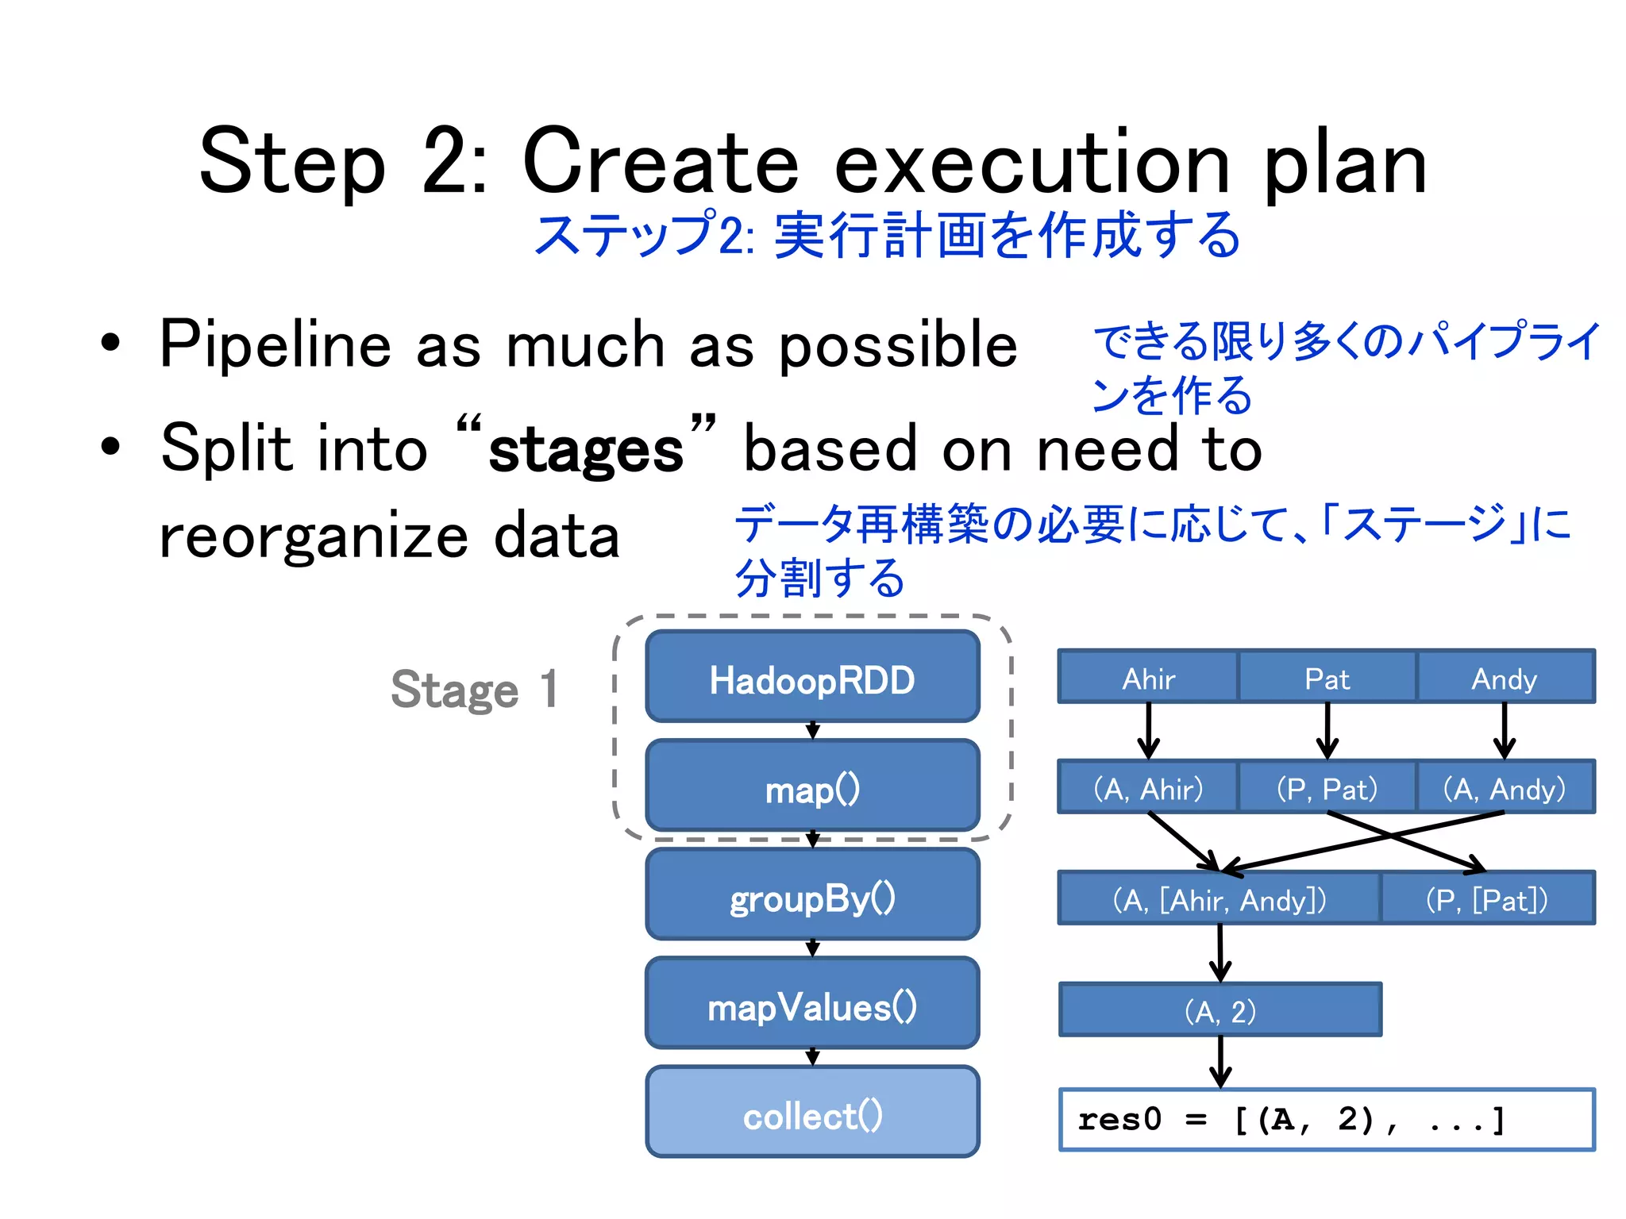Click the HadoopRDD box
812,679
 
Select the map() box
812,788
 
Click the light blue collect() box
812,1114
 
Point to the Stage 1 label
475,689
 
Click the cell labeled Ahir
1148,678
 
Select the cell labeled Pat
1327,678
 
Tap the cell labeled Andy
1505,678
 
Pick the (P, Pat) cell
1327,788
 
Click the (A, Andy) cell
1505,788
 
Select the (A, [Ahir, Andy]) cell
1219,899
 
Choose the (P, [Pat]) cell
1487,899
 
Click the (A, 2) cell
1220,1010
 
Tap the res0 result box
1326,1120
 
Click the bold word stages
586,451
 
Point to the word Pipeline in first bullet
275,345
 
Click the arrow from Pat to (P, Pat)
1327,730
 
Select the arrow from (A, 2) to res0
1220,1061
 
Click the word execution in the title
1032,163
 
